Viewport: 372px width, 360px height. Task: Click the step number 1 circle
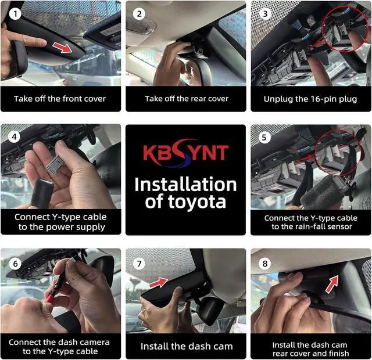(x=15, y=14)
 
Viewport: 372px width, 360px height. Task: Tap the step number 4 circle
(x=14, y=137)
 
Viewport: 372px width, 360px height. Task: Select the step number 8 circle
(x=265, y=264)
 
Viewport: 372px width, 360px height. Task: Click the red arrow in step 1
(x=62, y=48)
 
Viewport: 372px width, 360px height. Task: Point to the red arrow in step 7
(x=159, y=283)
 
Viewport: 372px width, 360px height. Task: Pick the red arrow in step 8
(x=332, y=284)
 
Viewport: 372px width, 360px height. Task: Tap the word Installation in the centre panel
(x=185, y=185)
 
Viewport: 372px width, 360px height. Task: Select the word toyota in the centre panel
(x=197, y=201)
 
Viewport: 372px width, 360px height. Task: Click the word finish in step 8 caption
(x=338, y=354)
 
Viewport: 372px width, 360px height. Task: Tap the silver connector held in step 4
(x=54, y=164)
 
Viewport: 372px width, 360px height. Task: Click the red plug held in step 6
(x=49, y=297)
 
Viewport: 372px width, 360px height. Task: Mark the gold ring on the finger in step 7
(x=144, y=310)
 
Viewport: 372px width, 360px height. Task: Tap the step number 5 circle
(x=264, y=138)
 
